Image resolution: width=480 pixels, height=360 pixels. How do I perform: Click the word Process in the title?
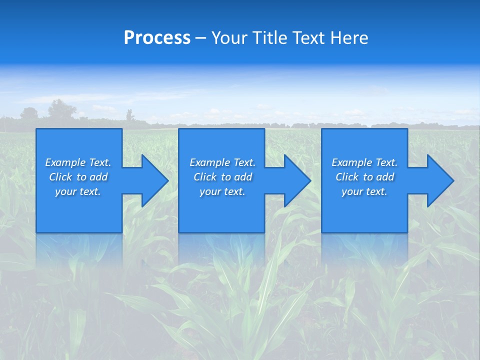pos(157,38)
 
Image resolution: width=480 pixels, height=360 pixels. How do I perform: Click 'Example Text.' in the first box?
pos(78,162)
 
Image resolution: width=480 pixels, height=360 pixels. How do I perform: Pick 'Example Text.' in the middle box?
pos(222,162)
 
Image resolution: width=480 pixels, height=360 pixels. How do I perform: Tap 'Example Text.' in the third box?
pos(364,162)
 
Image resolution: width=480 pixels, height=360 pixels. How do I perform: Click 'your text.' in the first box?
pos(78,191)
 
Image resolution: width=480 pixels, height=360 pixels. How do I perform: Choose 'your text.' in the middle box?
pos(222,191)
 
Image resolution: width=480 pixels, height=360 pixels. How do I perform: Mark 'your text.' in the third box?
pos(364,191)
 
